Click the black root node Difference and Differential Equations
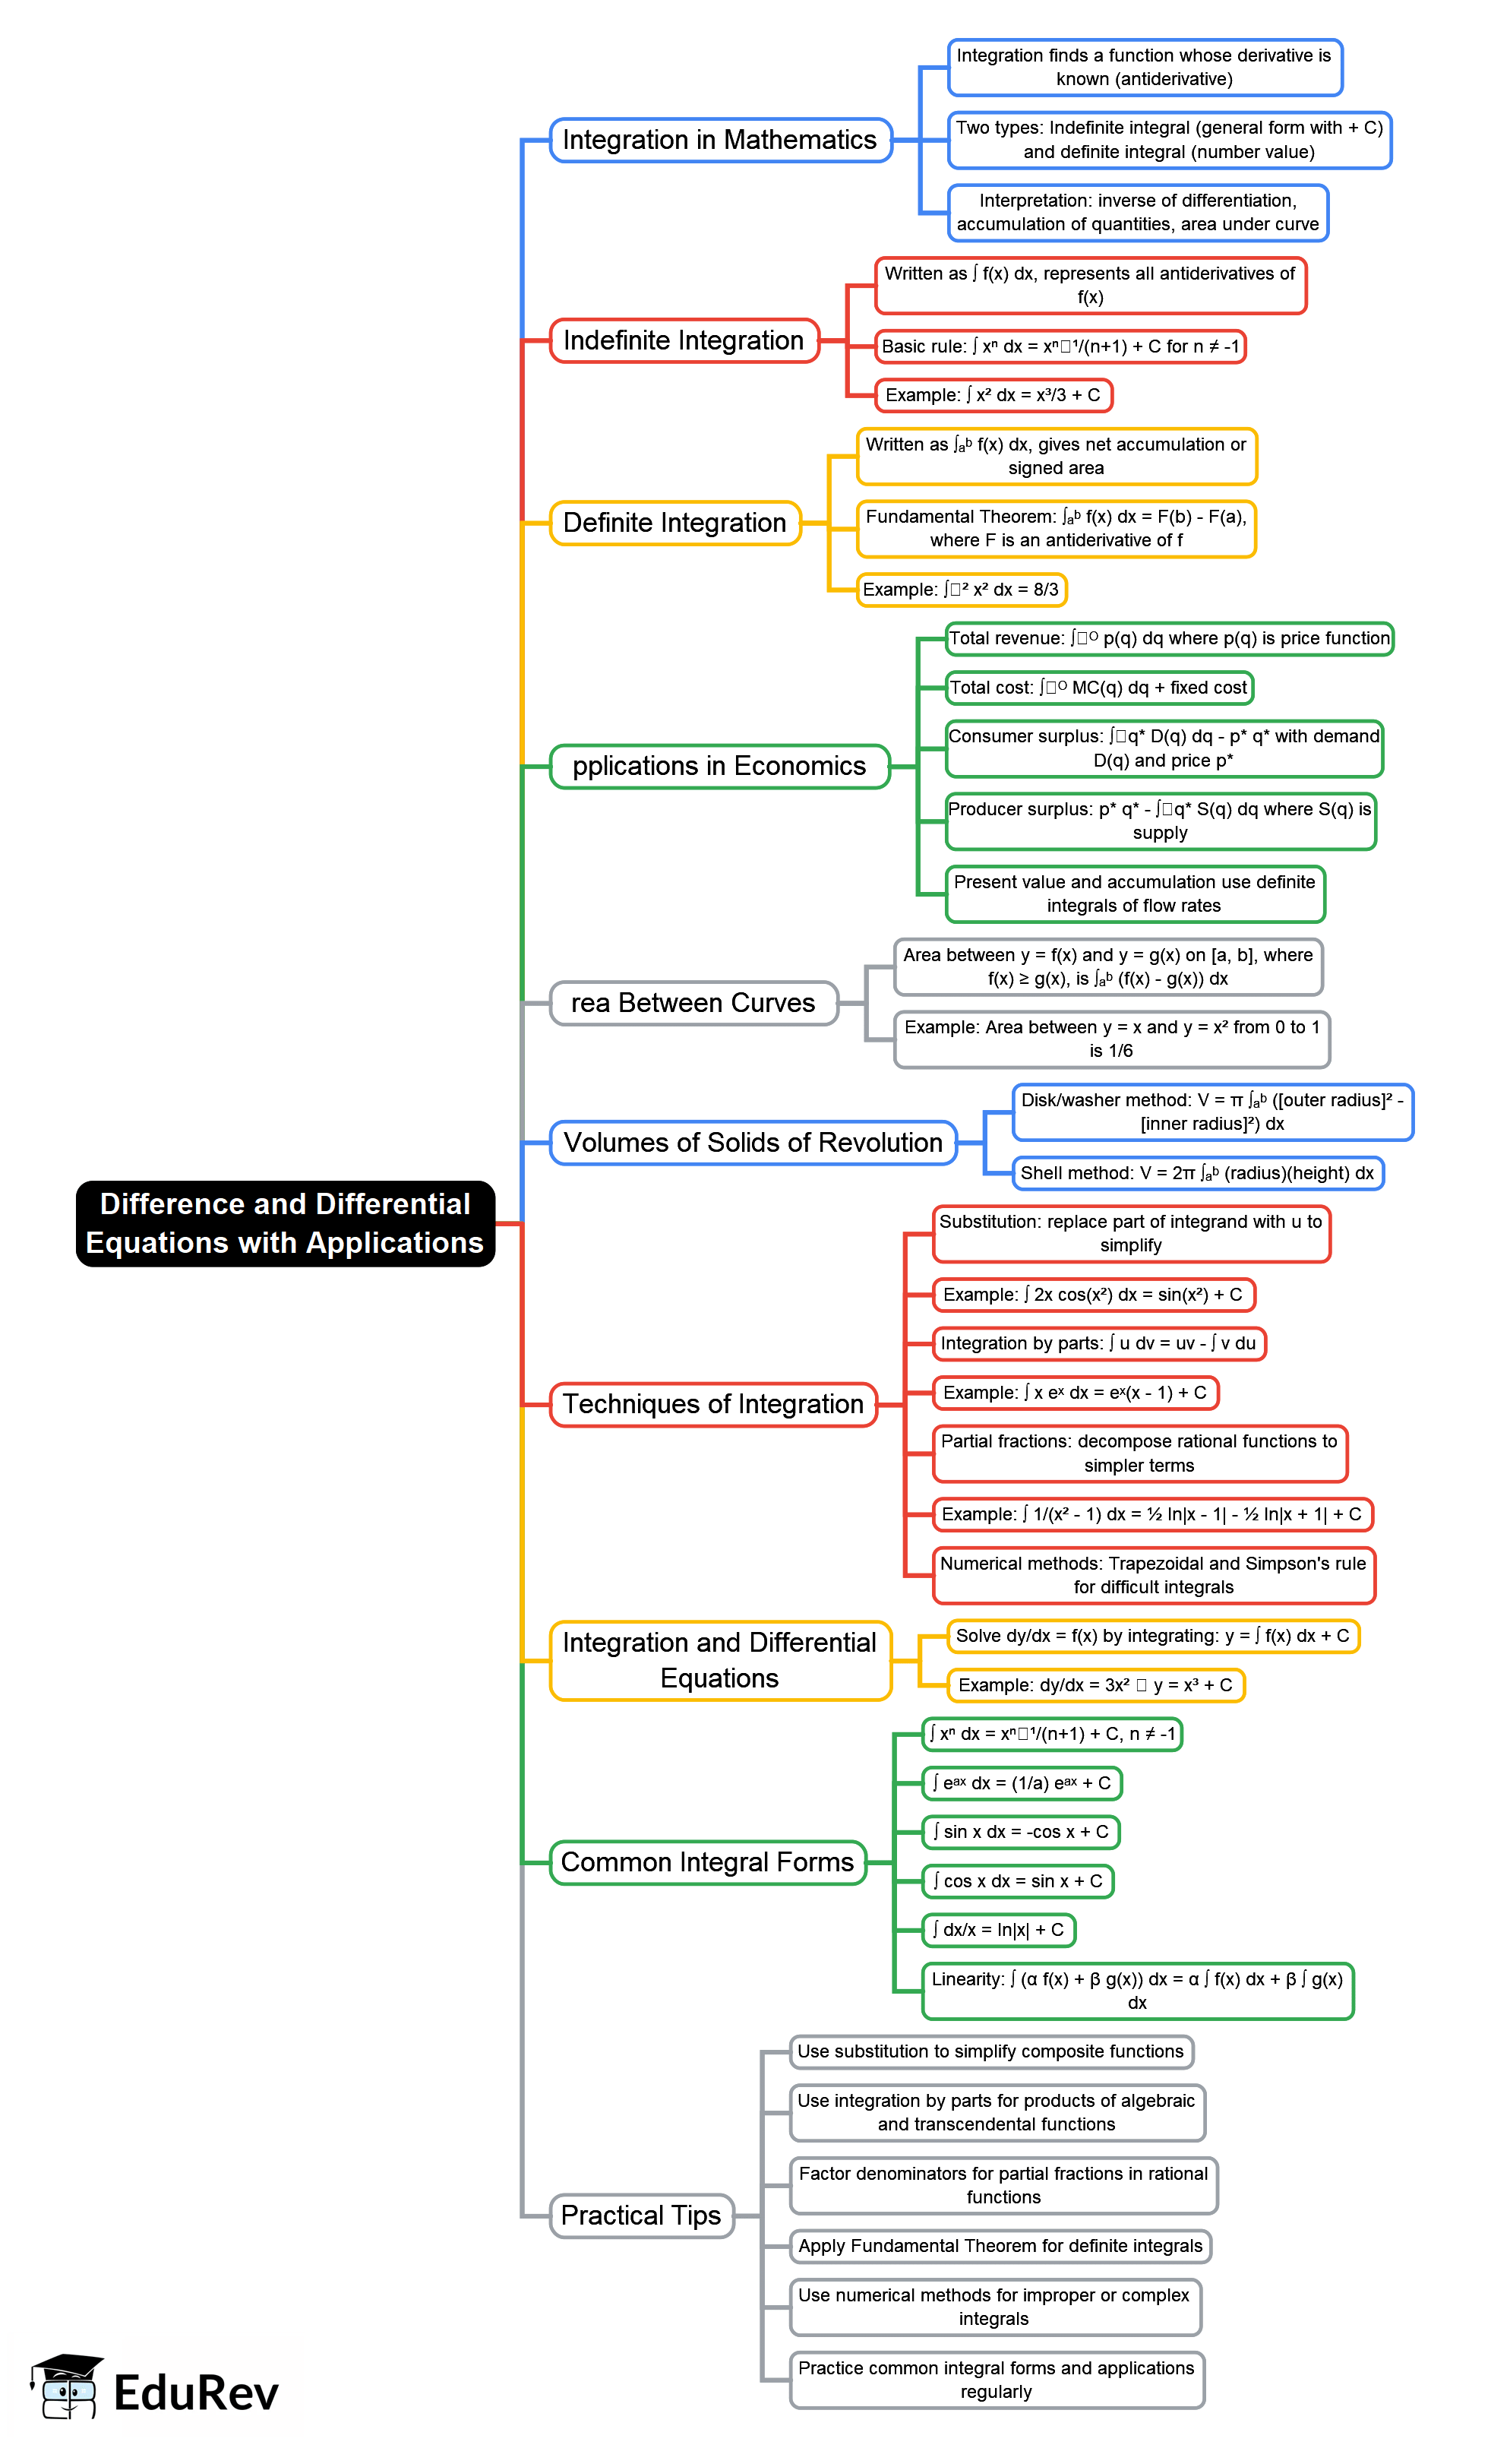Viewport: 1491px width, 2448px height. tap(285, 1223)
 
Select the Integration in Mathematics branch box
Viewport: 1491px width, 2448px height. tap(720, 140)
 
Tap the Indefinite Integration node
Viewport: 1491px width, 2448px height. tap(684, 341)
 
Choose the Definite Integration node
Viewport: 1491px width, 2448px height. tap(674, 523)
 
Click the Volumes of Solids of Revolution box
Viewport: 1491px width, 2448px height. tap(752, 1143)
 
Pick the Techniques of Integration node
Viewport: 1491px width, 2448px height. tap(712, 1404)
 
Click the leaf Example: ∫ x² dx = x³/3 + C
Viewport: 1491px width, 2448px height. tap(992, 395)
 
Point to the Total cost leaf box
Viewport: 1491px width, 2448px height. tap(1098, 688)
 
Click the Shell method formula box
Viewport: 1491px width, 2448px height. tap(1197, 1173)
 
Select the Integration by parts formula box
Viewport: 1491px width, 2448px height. tap(1098, 1343)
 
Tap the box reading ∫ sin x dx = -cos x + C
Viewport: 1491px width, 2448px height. tap(1020, 1832)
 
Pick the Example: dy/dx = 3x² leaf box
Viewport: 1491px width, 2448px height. tap(1095, 1685)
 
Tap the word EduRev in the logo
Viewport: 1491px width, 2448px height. tap(196, 2393)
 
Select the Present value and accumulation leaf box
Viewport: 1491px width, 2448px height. tap(1135, 893)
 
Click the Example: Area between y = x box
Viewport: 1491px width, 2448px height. tap(1110, 1039)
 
